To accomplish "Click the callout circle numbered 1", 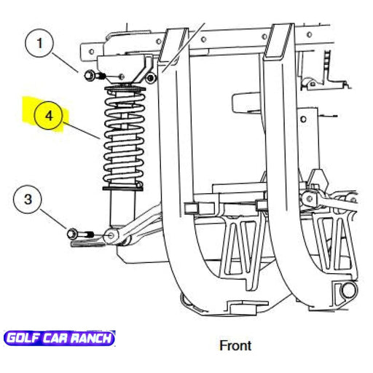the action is pos(39,43).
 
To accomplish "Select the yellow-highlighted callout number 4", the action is pos(49,116).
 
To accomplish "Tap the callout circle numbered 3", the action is pos(28,200).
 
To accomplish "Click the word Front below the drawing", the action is pos(235,345).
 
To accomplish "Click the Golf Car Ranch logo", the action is pos(60,338).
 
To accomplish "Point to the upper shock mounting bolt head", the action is pos(88,75).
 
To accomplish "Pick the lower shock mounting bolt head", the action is pos(72,234).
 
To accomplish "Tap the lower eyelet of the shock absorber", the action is pos(112,235).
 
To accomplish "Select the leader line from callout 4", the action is pos(82,131).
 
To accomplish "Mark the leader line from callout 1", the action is pos(65,63).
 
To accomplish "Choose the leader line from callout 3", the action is pos(53,219).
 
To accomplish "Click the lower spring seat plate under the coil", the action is pos(123,188).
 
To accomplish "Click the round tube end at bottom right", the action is pos(348,290).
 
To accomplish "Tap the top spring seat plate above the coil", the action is pos(125,88).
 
